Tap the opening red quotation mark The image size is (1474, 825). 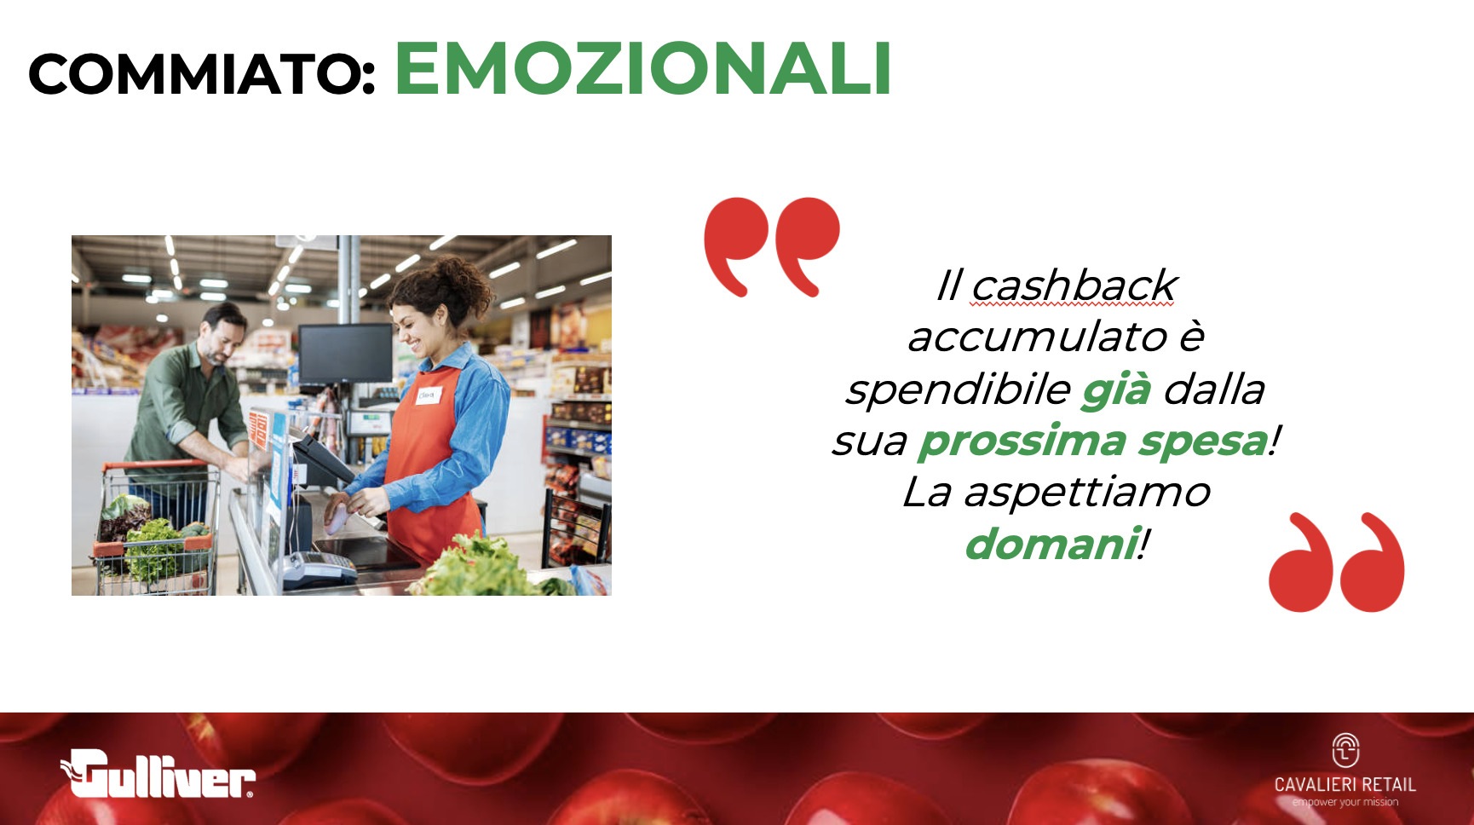[771, 246]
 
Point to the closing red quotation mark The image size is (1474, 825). [1336, 562]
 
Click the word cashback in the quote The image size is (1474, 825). [1074, 285]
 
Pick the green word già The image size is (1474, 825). [1116, 390]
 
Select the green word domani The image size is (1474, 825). [1052, 544]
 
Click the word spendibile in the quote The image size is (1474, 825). [958, 389]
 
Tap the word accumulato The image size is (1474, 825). [1037, 337]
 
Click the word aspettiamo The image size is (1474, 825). [1086, 493]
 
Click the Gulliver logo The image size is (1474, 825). [158, 774]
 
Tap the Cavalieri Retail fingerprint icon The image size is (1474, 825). [1345, 751]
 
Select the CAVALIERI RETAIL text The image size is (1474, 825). [1344, 784]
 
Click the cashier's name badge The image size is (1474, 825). [429, 395]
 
